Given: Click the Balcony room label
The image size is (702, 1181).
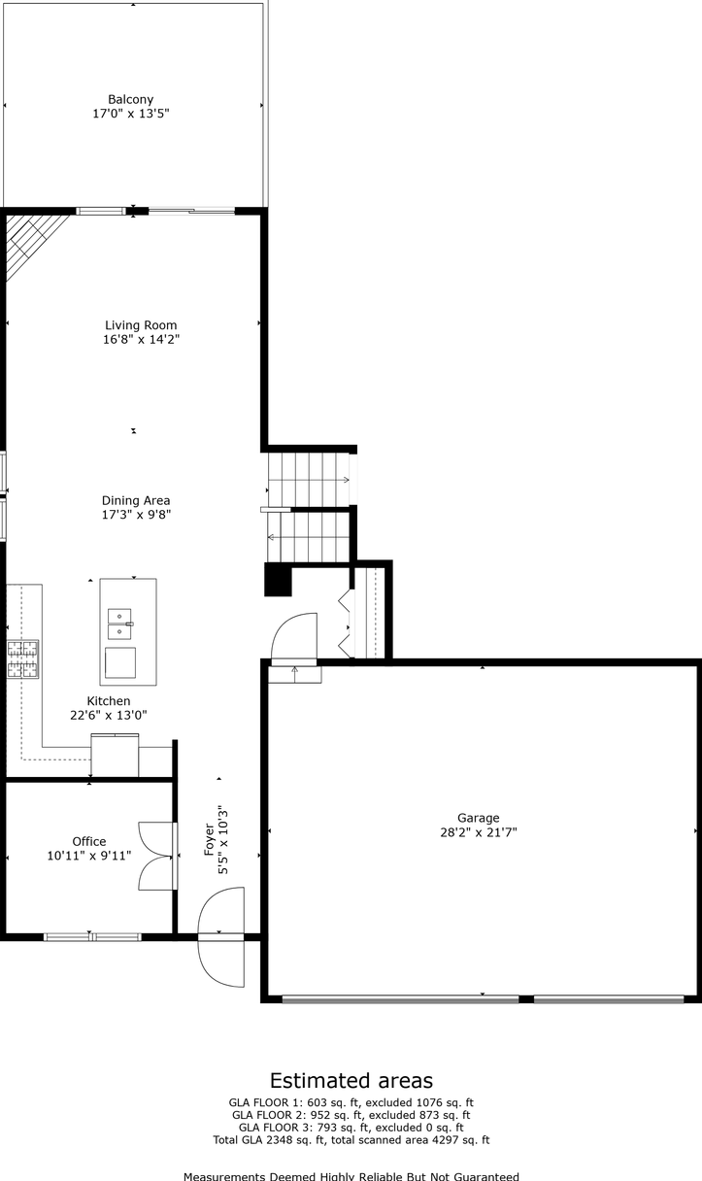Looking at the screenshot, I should pyautogui.click(x=130, y=99).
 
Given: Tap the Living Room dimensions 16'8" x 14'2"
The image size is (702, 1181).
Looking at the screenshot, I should pyautogui.click(x=142, y=340).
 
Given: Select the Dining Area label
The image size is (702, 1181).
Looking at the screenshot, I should pyautogui.click(x=136, y=500).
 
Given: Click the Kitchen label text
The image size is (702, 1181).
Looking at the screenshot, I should pyautogui.click(x=109, y=700).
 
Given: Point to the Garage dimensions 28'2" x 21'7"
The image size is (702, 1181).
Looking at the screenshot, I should pyautogui.click(x=479, y=832).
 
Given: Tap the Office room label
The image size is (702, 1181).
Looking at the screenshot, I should pyautogui.click(x=89, y=841).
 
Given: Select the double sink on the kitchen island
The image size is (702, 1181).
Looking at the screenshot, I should pyautogui.click(x=120, y=624).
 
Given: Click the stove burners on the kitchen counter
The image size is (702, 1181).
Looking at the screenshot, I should pyautogui.click(x=22, y=658).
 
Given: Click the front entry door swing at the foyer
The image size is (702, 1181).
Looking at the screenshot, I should pyautogui.click(x=219, y=962).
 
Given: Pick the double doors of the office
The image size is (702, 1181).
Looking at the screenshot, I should pyautogui.click(x=157, y=856).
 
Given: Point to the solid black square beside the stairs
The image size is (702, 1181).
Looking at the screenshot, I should pyautogui.click(x=278, y=580).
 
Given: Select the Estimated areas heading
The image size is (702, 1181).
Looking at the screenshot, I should pyautogui.click(x=351, y=1080).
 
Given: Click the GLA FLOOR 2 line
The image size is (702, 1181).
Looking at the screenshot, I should pyautogui.click(x=351, y=1115).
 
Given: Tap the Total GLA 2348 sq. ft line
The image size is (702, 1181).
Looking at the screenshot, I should pyautogui.click(x=351, y=1140).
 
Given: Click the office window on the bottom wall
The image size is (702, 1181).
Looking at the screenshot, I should pyautogui.click(x=92, y=936).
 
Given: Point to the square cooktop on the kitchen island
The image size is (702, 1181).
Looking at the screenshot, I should pyautogui.click(x=121, y=662).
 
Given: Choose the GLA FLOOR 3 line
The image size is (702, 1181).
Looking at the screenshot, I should pyautogui.click(x=351, y=1128).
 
